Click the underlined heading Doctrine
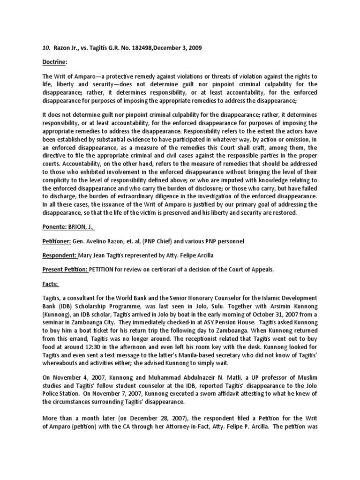point(52,62)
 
